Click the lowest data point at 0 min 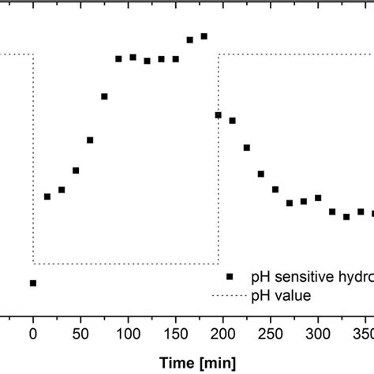33,282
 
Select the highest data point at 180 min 204,36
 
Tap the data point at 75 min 104,97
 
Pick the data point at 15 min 47,196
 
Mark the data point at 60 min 90,140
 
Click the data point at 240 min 261,174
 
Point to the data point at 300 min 318,198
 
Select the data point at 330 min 346,216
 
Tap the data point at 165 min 190,39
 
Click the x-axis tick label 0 33,334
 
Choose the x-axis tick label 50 80,334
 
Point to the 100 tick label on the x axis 128,334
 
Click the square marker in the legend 230,277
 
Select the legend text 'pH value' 281,296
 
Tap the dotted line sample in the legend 230,296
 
